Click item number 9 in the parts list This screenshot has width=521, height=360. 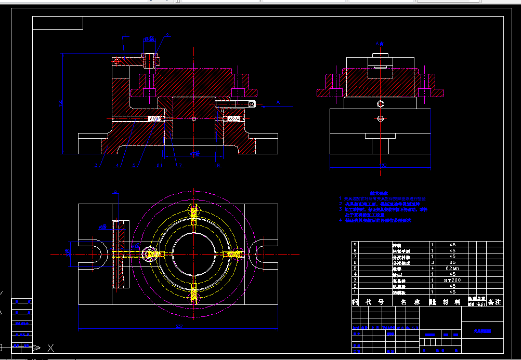tap(355, 244)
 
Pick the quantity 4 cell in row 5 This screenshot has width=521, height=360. tap(433, 268)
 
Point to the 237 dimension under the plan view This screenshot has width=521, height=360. tap(179, 326)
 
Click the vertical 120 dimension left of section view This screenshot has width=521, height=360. tap(60, 103)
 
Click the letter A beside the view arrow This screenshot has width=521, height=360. tap(278, 103)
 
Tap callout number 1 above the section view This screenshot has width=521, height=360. tap(125, 35)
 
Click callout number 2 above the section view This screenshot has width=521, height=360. tap(167, 35)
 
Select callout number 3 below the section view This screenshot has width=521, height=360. tap(96, 166)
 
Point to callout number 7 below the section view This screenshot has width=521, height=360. tap(180, 166)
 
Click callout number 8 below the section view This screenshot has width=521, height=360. tap(218, 166)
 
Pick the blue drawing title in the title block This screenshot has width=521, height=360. tap(481, 330)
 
